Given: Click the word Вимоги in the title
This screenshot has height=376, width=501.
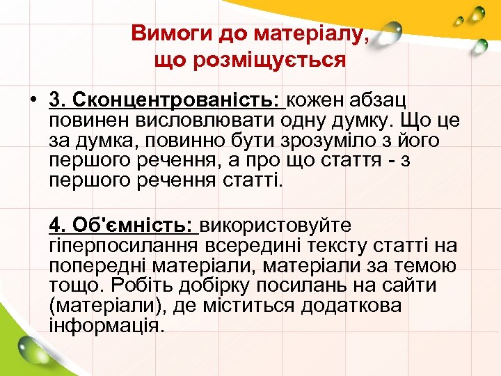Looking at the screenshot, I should (164, 33).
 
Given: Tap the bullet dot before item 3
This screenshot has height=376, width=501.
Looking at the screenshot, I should (33, 101).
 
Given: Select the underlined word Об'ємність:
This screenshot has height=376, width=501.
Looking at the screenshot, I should (138, 226).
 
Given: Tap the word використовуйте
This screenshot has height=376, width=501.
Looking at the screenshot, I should (276, 226).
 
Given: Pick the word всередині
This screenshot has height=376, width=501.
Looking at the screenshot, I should (253, 246).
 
